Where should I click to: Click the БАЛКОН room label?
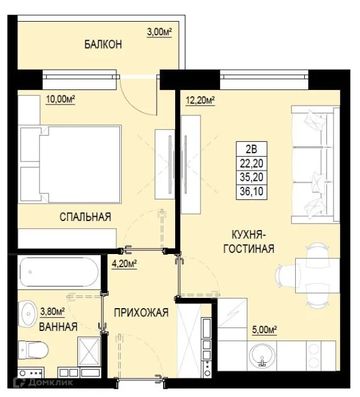(x=103, y=44)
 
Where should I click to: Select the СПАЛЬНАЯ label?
(x=85, y=217)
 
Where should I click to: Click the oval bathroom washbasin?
(x=27, y=312)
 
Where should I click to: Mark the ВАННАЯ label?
(x=58, y=327)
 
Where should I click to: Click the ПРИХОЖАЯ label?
(x=141, y=312)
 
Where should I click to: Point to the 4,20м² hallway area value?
(x=125, y=262)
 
